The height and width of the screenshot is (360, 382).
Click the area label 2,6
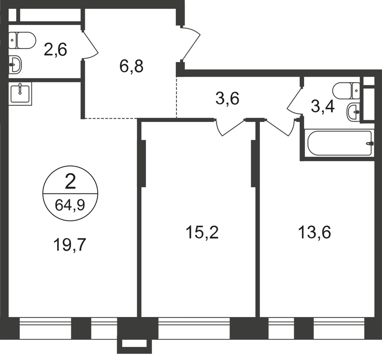[55, 50]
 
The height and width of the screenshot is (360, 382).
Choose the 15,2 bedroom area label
[202, 232]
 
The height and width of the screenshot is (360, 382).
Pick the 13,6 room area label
[314, 232]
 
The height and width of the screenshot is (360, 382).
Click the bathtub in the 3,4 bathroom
[340, 143]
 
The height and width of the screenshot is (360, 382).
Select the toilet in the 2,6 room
[23, 40]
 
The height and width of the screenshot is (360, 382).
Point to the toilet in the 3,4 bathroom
[346, 90]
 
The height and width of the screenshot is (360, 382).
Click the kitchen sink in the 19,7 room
[20, 93]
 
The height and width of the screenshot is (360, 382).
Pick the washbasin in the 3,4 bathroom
[353, 111]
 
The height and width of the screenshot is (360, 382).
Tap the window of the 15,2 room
[194, 328]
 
